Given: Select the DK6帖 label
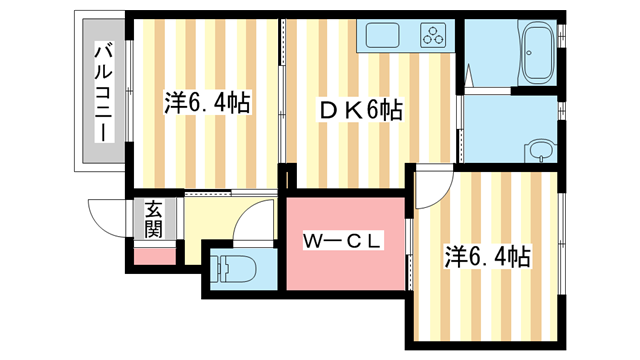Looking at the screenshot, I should pos(359,111).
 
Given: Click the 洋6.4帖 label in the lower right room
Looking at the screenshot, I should pos(487,257).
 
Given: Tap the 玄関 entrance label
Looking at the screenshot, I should pos(153,219).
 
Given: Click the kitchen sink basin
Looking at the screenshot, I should pos(384,37).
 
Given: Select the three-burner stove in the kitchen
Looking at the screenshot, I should pos(435,37).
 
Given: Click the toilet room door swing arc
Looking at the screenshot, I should pos(254,218).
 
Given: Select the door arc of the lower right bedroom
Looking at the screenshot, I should pos(432,188).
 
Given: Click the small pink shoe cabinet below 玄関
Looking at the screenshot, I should pos(152,254).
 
